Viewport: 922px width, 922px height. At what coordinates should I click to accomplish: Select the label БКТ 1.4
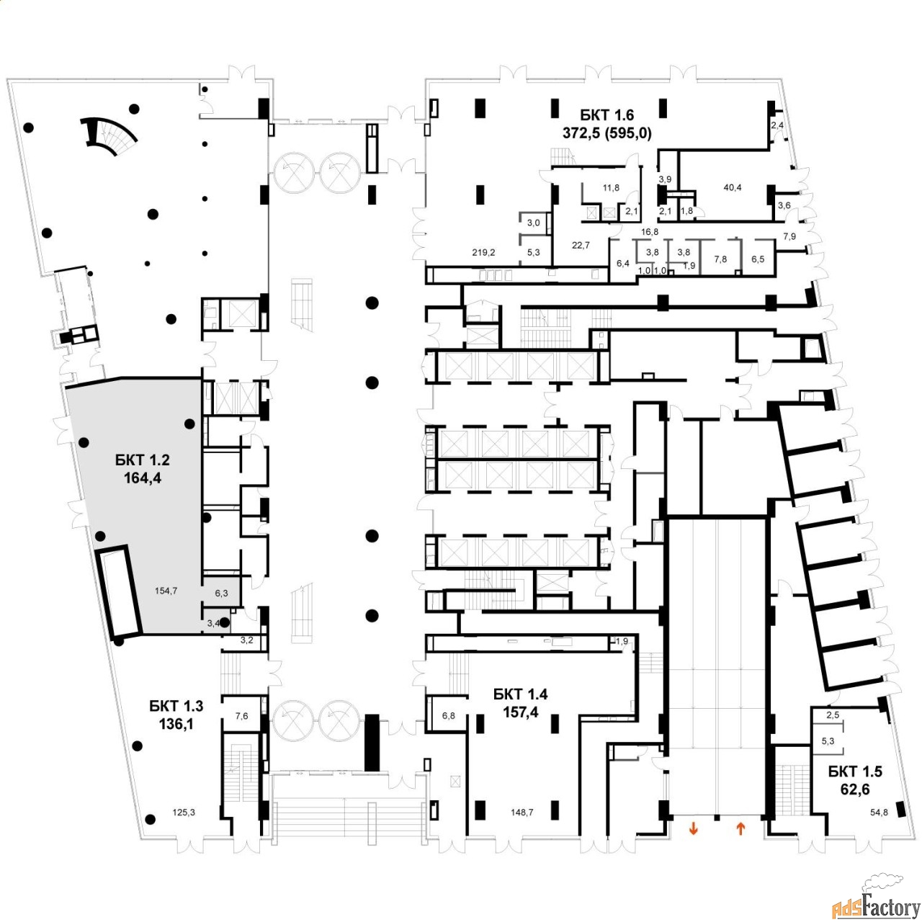point(520,694)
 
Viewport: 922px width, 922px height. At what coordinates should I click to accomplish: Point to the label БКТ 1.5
point(854,771)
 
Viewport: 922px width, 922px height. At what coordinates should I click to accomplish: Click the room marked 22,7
point(581,245)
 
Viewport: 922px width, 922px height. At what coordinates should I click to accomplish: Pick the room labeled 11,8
point(611,188)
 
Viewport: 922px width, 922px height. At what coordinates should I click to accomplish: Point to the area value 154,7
point(166,591)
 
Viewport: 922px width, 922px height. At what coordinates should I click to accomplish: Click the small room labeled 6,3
point(221,593)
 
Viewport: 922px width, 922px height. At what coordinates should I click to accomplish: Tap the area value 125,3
point(184,813)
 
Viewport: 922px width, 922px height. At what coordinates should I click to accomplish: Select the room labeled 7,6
point(241,715)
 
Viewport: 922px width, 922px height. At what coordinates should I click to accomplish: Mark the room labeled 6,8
point(449,715)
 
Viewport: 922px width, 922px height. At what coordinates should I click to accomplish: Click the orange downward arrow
point(694,829)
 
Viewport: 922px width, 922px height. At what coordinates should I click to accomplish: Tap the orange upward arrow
point(740,829)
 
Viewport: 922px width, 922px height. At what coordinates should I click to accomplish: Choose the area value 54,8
point(880,813)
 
